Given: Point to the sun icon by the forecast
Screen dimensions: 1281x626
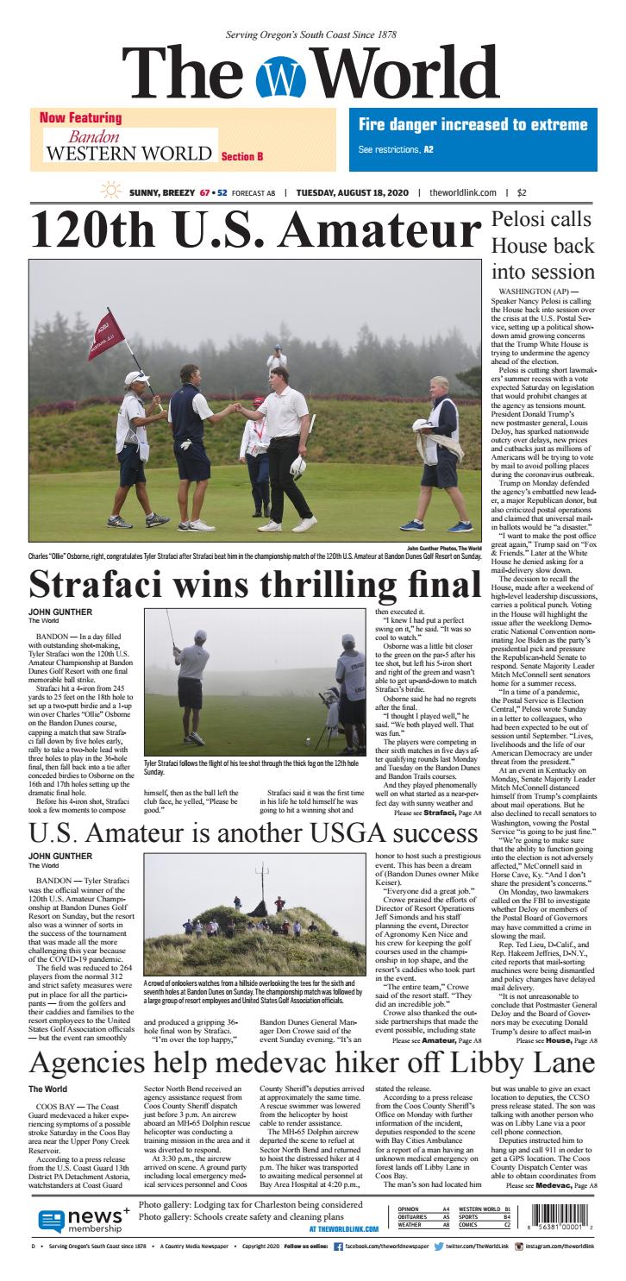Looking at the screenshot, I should tap(110, 193).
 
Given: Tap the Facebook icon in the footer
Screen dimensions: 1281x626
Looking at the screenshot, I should tap(338, 1246).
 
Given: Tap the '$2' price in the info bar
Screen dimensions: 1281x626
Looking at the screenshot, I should tap(523, 194).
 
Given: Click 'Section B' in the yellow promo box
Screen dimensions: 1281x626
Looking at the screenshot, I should tap(241, 157).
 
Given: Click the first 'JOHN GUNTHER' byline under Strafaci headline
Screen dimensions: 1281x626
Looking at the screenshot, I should tap(53, 612).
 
